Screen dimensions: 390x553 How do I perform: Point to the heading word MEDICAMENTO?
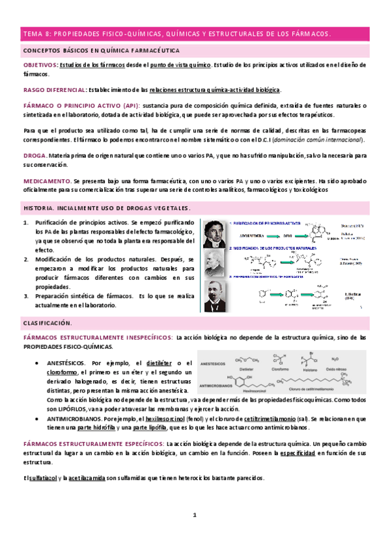(47, 180)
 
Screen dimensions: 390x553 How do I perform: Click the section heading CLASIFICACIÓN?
(48, 323)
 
